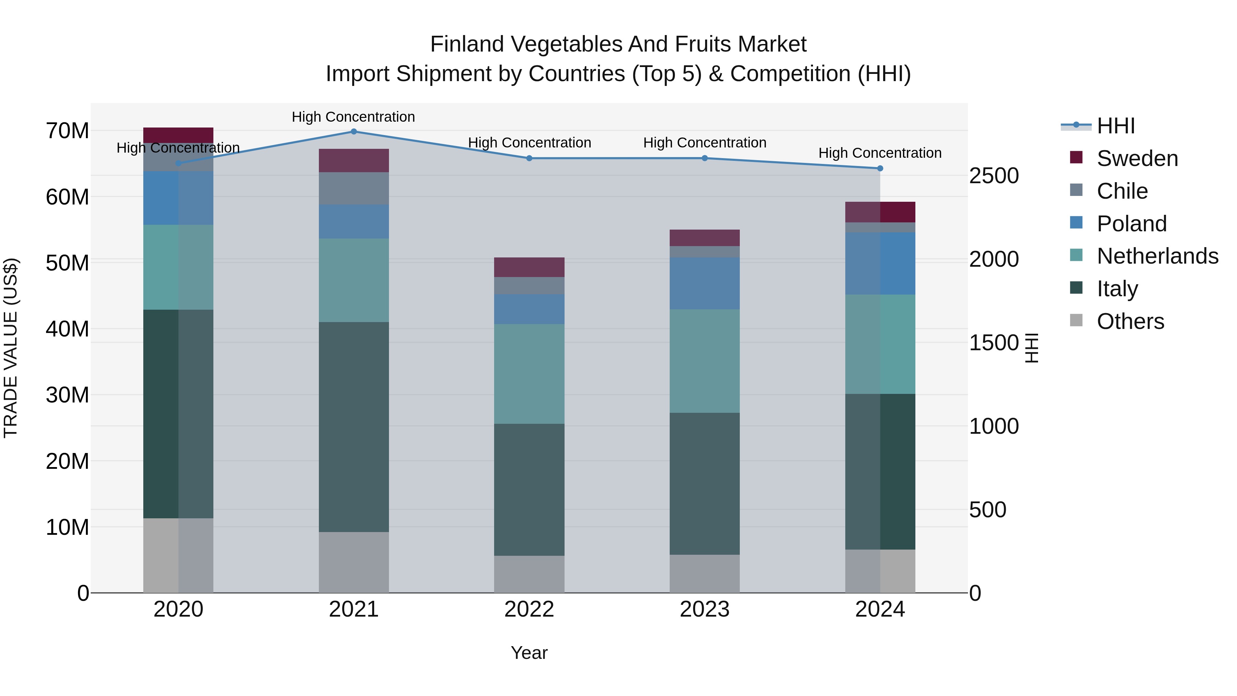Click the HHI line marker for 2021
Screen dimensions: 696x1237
354,132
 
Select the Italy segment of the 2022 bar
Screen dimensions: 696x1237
529,489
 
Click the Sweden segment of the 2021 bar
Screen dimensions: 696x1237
354,161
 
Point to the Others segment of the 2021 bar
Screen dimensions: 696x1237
354,562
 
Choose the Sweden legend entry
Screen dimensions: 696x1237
1137,158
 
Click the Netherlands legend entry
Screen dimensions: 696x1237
1157,256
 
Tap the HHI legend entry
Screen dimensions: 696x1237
1115,126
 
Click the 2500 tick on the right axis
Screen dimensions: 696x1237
993,176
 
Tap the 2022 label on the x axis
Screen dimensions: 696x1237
529,609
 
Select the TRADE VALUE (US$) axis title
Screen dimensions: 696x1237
11,348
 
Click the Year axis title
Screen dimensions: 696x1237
529,653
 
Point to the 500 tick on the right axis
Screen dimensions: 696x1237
987,510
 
